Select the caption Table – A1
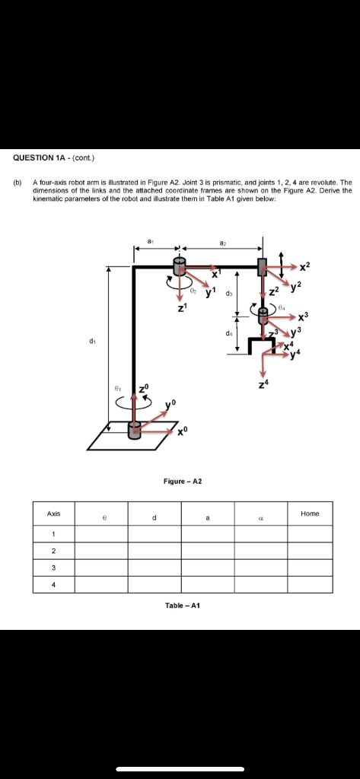pyautogui.click(x=182, y=605)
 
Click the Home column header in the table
pyautogui.click(x=309, y=514)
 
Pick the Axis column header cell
pyautogui.click(x=53, y=514)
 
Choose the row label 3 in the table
pyautogui.click(x=53, y=568)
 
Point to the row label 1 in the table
pyautogui.click(x=53, y=533)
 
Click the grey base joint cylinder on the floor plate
pyautogui.click(x=135, y=432)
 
